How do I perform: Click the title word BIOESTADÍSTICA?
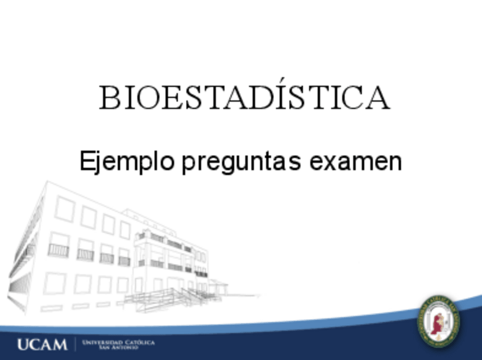point(244,98)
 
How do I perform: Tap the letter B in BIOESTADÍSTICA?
point(109,98)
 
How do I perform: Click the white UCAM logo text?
point(41,344)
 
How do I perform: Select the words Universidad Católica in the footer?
point(118,342)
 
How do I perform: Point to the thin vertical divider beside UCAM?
point(75,344)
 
